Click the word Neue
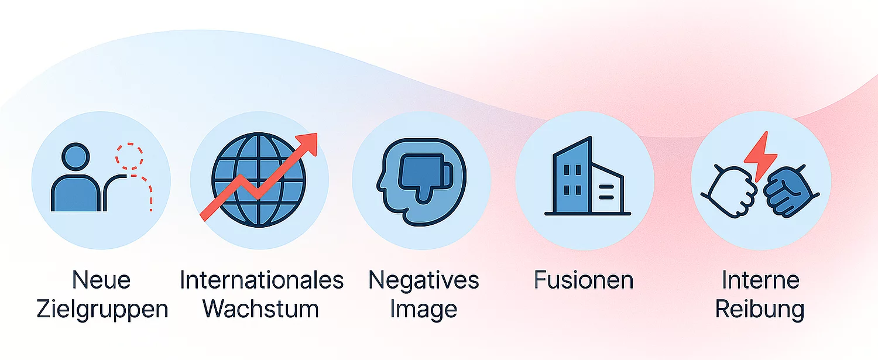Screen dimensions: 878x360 pos(101,280)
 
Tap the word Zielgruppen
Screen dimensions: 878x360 pos(102,310)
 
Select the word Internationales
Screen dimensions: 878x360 pos(262,280)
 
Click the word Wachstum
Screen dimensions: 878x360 pos(260,309)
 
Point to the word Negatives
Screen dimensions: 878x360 pos(424,280)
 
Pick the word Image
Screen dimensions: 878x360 pos(424,310)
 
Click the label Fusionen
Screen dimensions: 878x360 pos(584,280)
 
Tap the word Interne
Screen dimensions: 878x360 pos(760,280)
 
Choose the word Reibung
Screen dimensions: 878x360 pos(760,310)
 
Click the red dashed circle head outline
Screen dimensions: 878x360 pos(129,156)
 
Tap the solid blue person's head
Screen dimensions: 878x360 pos(76,157)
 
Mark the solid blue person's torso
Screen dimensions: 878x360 pos(76,193)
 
